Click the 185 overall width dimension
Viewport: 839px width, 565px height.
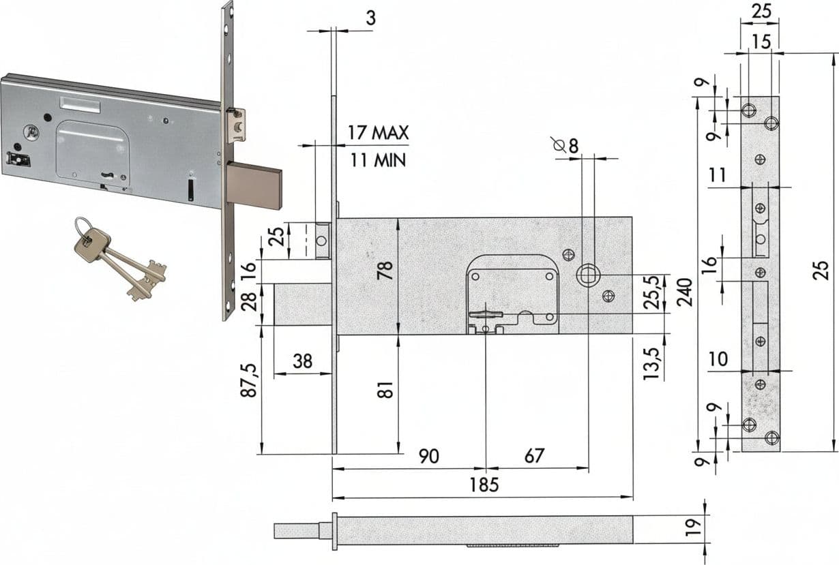click(x=484, y=485)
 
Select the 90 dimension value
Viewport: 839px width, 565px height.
click(x=429, y=456)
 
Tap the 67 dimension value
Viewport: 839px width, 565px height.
click(x=533, y=456)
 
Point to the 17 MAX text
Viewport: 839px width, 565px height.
click(x=378, y=133)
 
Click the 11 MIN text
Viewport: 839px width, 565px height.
click(x=378, y=160)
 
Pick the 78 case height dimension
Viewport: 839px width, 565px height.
click(x=385, y=270)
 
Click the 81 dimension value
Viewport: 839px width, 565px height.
click(x=386, y=390)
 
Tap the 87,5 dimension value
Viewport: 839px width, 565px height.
click(x=249, y=380)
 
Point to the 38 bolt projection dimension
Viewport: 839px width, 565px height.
click(x=303, y=361)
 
